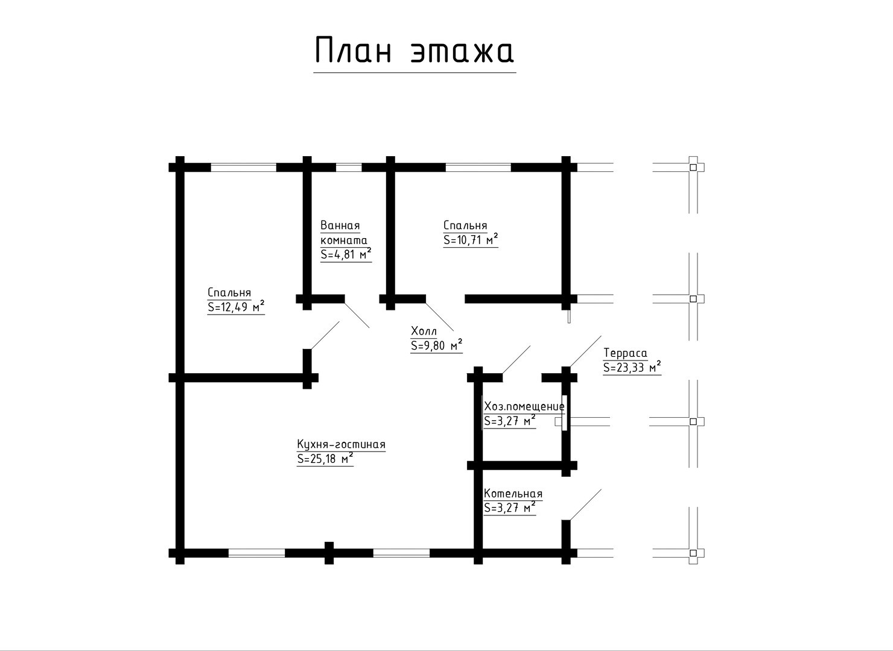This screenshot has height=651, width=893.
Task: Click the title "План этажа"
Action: pos(414,51)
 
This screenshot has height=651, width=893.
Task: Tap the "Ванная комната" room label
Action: pos(343,233)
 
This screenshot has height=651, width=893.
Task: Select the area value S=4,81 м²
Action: pos(345,254)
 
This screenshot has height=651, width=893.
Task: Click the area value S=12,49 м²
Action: pos(235,307)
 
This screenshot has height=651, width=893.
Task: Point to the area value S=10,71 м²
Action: pos(471,240)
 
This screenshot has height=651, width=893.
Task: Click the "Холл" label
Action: pos(424,331)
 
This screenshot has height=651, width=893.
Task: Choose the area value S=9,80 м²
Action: pos(436,346)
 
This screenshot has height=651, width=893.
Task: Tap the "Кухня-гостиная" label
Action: pos(341,445)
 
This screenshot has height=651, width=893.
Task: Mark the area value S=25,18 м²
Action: pos(325,459)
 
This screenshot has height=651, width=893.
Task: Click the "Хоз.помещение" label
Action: pos(524,406)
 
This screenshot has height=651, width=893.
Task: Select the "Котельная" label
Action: pos(513,494)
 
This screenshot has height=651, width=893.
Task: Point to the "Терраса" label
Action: pos(625,353)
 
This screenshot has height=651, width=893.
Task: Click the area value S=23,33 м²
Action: pos(632,368)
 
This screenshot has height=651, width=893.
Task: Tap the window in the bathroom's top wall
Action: pos(349,168)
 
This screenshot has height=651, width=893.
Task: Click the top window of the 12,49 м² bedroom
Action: pos(243,168)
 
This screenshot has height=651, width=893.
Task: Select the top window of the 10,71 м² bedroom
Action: pos(478,168)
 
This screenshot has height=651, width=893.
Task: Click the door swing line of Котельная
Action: pos(585,505)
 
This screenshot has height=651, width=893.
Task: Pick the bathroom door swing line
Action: pos(357,315)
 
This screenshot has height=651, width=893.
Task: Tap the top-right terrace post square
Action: pos(693,168)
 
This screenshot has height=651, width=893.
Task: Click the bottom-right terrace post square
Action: pos(693,553)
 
